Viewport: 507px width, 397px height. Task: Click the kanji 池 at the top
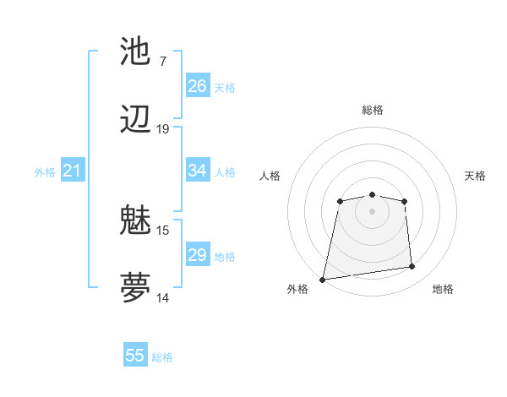point(136,52)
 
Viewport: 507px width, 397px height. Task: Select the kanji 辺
point(136,120)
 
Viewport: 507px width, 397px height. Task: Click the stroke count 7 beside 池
point(162,61)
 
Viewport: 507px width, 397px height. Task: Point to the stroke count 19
point(163,129)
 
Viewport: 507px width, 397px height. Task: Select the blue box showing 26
point(198,86)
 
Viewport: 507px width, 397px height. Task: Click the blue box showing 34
point(198,171)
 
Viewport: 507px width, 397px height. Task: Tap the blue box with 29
point(198,255)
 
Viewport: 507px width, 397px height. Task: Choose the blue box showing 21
point(73,171)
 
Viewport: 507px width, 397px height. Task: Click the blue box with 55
point(135,356)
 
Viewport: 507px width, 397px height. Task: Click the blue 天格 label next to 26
point(225,87)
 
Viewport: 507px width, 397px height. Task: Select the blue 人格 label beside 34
point(225,171)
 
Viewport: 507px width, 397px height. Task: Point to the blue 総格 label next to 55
point(162,356)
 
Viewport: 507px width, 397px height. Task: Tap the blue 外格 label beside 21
point(45,172)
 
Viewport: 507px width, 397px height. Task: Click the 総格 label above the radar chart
point(373,110)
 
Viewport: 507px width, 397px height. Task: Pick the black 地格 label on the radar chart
point(443,289)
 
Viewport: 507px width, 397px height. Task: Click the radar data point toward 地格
point(412,267)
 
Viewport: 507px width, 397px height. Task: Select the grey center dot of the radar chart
point(372,210)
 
